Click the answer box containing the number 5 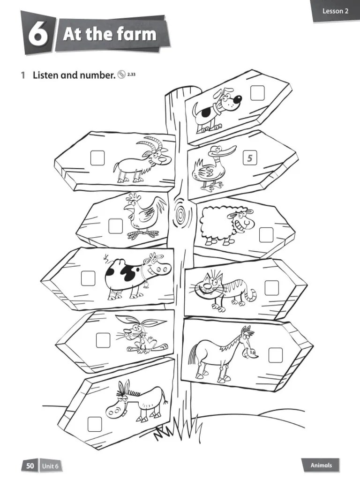(250, 158)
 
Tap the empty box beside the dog (257, 93)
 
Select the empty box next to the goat (97, 158)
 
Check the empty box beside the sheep (266, 234)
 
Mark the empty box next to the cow (88, 278)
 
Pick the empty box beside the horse (276, 355)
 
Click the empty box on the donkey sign (94, 424)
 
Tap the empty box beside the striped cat (271, 287)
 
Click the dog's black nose (238, 99)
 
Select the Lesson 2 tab (335, 11)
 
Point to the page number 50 (30, 465)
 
